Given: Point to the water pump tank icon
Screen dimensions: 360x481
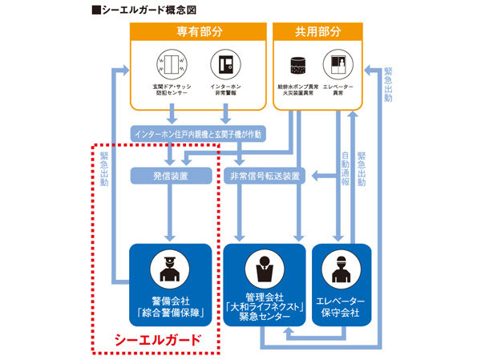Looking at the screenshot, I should pos(297,63).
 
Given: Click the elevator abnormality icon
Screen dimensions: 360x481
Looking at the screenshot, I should pos(337,63).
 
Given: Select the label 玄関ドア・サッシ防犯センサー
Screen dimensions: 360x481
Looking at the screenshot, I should pos(169,90).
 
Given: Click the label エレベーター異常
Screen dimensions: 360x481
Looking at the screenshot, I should pos(337,90).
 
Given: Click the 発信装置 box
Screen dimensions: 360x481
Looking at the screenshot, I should pos(171,175).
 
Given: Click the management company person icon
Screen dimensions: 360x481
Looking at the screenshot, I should pos(264,268).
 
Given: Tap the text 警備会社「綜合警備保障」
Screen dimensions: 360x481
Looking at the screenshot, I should pos(170,306).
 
